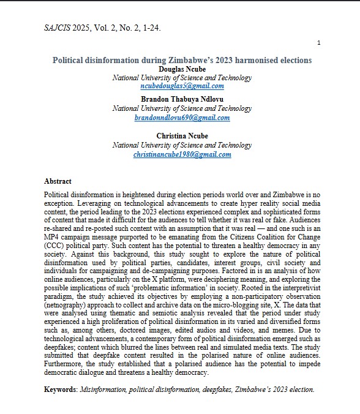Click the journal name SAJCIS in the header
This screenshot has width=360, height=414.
coord(57,28)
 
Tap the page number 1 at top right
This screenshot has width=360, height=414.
coord(319,43)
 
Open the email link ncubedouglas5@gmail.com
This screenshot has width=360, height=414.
coord(182,86)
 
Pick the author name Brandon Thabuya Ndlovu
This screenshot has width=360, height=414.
coord(182,99)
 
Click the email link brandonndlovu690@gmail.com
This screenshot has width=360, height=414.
coord(182,117)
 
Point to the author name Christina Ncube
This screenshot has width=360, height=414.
coord(182,136)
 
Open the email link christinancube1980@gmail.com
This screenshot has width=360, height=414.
coord(182,154)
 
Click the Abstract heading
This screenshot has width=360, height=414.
coord(58,181)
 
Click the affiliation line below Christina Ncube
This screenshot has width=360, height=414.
coord(182,145)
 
